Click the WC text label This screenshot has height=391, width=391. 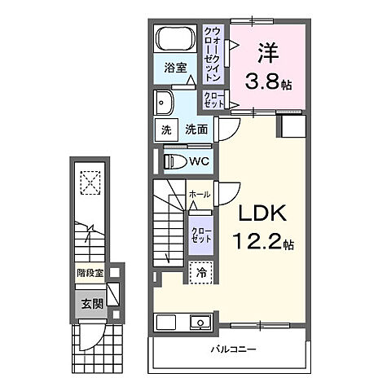200,161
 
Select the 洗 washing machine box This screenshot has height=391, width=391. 165,129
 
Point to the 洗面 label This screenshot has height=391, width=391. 195,129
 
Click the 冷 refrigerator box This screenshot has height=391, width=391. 200,273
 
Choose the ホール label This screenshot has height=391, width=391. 200,195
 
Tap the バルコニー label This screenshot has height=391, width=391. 230,349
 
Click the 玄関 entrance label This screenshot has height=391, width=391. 91,304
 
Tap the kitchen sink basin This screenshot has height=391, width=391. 199,322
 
